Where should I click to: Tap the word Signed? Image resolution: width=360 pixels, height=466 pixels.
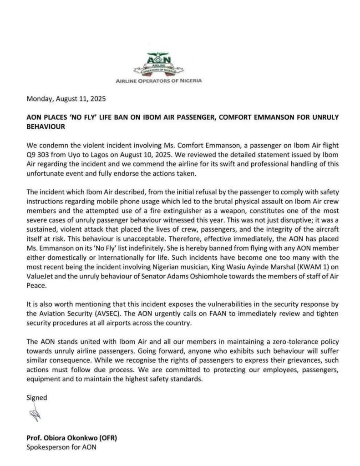pyautogui.click(x=36, y=397)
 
